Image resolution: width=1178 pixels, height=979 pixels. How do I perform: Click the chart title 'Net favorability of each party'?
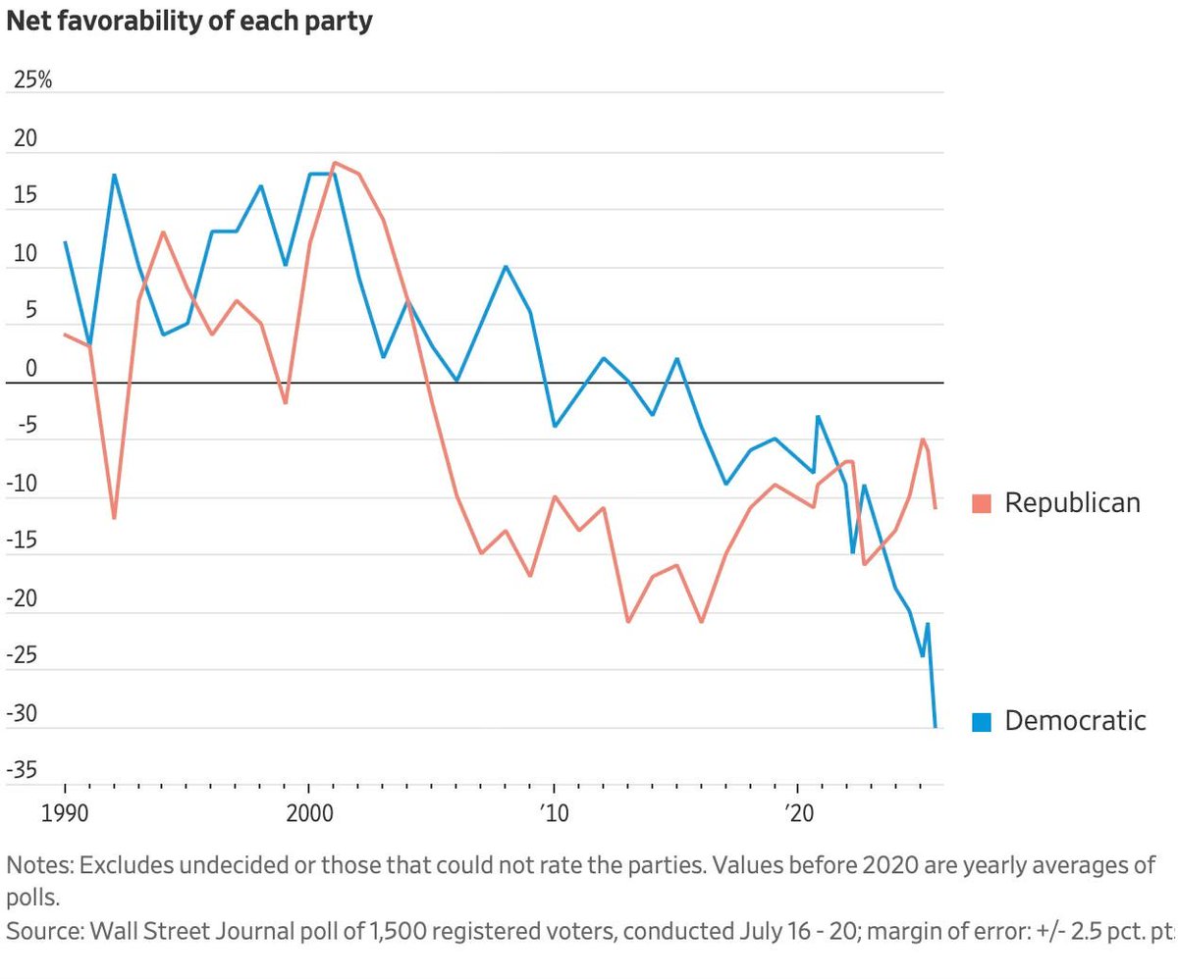189,22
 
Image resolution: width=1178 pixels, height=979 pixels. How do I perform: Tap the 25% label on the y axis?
32,79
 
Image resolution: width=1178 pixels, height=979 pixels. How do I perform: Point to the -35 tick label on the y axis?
22,769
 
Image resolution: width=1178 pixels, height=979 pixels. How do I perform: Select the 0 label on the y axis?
31,368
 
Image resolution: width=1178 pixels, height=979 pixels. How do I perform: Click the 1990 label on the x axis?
65,814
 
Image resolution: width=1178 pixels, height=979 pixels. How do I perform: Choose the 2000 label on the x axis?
310,814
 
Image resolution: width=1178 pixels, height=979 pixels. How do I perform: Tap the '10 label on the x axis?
554,814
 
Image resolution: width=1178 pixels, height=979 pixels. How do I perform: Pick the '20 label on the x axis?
799,814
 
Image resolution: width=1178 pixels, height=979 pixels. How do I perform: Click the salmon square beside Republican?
982,503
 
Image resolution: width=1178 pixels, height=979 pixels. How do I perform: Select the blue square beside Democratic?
982,722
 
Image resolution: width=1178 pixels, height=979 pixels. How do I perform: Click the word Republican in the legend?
1073,503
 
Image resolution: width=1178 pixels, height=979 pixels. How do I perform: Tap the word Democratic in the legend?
1075,721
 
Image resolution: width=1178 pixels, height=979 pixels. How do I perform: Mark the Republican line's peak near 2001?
335,163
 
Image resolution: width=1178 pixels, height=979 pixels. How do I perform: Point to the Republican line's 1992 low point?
114,518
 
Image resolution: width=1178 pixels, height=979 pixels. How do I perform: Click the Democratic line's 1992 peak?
114,175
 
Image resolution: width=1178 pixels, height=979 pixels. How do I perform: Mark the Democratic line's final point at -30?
936,727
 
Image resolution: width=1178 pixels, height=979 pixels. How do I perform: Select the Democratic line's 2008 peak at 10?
506,266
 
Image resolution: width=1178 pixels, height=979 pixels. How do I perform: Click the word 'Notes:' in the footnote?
40,865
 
